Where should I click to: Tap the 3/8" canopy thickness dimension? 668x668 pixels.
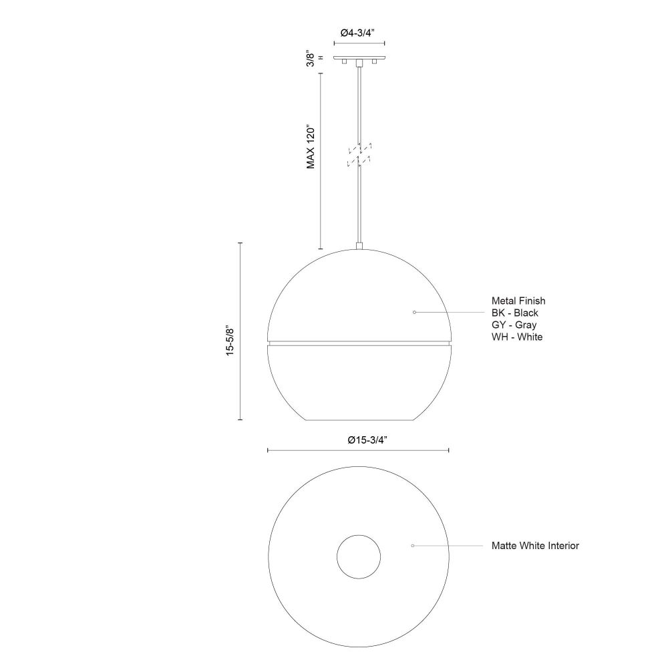(x=311, y=59)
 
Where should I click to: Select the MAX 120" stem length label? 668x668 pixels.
(x=311, y=148)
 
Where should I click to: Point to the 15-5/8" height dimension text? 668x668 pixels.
(x=230, y=341)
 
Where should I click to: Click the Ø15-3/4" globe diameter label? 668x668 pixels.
(x=367, y=440)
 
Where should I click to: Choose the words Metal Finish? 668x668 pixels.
(x=518, y=301)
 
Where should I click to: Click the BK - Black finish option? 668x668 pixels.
(x=514, y=313)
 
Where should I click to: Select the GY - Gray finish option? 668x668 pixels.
(x=514, y=325)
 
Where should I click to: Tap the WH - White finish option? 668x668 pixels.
(x=517, y=337)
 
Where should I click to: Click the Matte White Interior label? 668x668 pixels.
(x=535, y=546)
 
